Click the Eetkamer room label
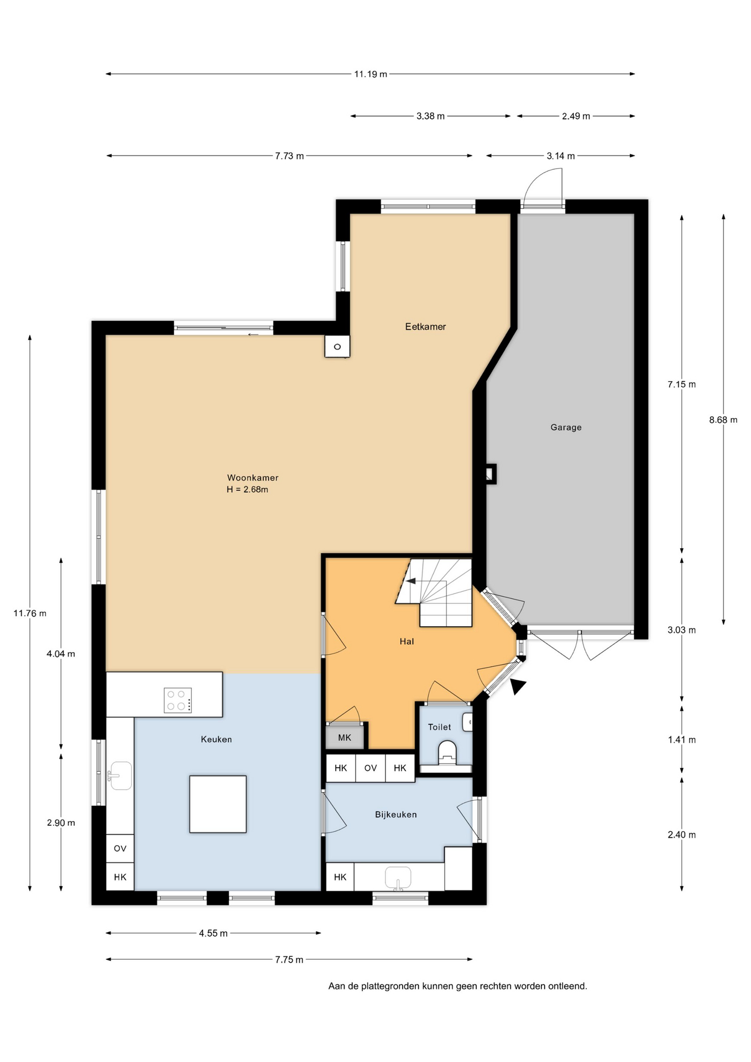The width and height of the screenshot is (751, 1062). point(425,326)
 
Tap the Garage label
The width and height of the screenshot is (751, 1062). point(566,427)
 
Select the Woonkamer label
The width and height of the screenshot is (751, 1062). point(253,477)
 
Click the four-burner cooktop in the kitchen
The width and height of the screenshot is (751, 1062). point(178,700)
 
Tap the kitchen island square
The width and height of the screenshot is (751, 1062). point(218,804)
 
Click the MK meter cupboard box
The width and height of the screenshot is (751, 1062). point(345,737)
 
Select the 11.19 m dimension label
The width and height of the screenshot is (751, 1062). point(371,74)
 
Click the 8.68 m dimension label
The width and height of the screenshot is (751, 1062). point(723,420)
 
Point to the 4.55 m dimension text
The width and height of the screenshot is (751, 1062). point(213,933)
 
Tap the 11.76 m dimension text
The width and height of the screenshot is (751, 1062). point(30,613)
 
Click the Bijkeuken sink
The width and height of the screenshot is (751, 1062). point(398,878)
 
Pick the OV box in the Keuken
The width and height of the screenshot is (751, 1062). point(120,848)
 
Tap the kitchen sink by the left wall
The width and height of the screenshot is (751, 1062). point(120,775)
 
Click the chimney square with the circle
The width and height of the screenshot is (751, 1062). point(337,347)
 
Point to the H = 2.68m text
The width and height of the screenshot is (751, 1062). point(247,490)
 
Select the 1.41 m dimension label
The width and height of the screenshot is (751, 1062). point(681,740)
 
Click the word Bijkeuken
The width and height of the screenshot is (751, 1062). point(396,814)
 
